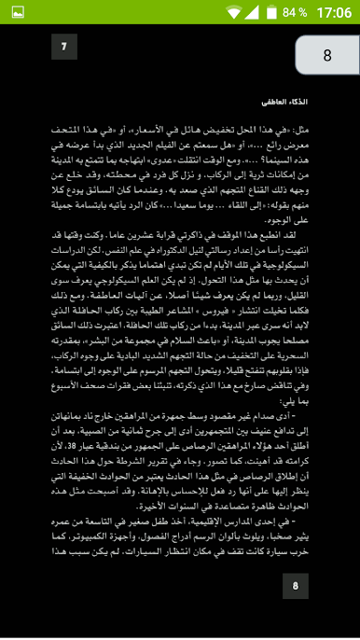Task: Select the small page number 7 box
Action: click(x=63, y=46)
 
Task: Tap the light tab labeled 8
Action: click(x=326, y=55)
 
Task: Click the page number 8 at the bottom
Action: click(x=295, y=585)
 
